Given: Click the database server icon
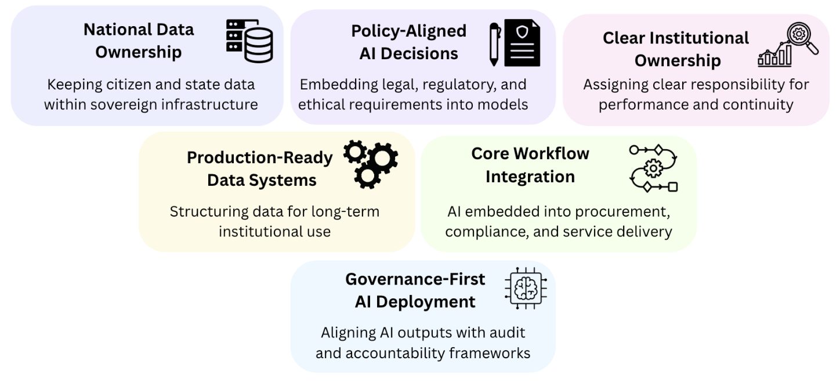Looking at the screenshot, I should [x=249, y=40].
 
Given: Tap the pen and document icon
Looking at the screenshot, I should [x=514, y=43].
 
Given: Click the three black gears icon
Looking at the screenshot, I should [x=371, y=164].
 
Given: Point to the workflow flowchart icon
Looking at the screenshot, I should [x=654, y=168].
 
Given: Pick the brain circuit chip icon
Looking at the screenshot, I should [x=526, y=289].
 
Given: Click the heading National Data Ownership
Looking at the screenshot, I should [x=139, y=41].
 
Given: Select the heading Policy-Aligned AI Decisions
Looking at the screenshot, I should [x=408, y=42].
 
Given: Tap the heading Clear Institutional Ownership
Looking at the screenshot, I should [x=676, y=49].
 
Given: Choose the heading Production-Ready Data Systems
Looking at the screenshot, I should [x=260, y=168].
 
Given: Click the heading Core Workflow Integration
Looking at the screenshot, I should [x=530, y=165].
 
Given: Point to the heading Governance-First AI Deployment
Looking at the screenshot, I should [x=415, y=290].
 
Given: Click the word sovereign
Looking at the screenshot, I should [x=153, y=105].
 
